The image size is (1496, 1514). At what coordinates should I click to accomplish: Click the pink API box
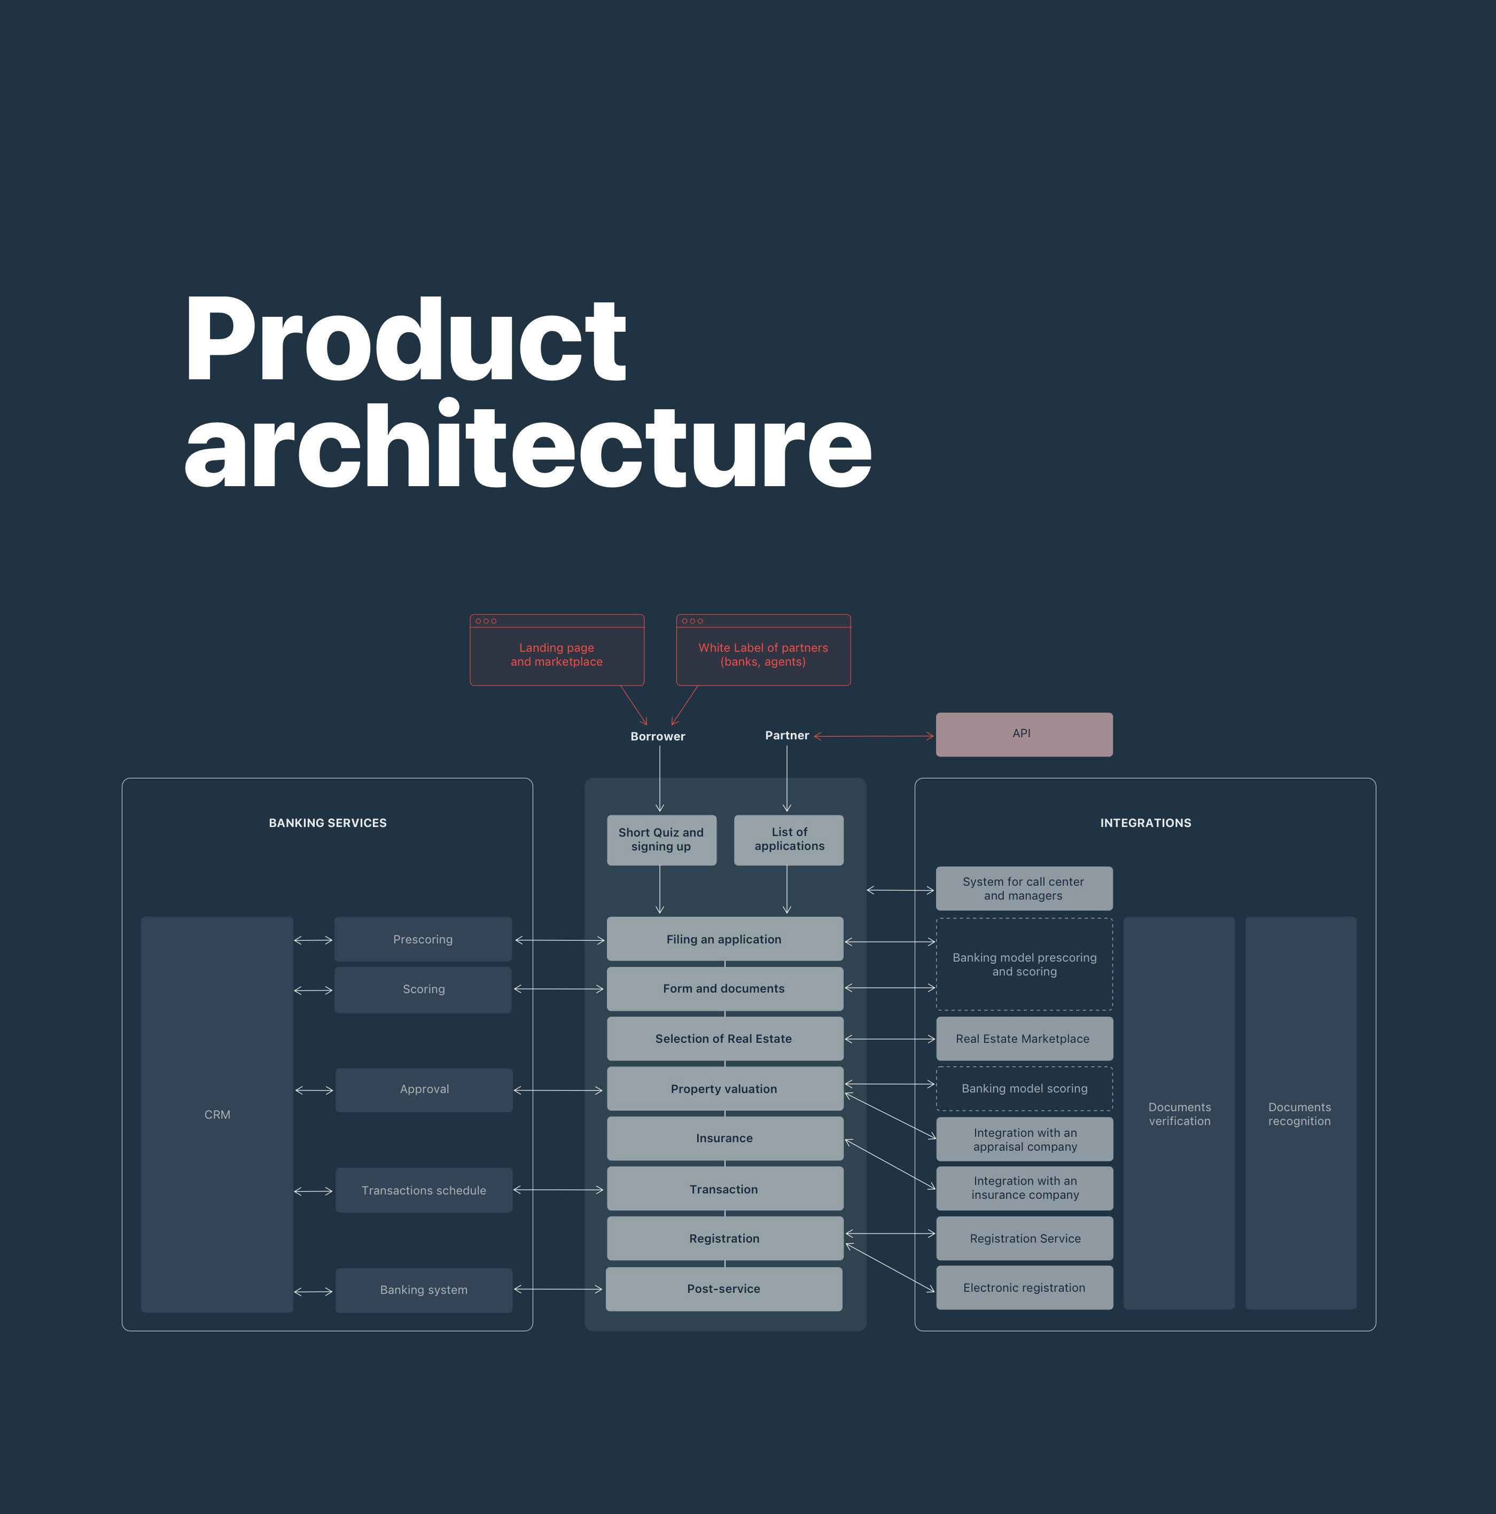1024,734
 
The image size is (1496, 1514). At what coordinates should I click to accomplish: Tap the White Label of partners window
763,650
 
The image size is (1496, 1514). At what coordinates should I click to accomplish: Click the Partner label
787,735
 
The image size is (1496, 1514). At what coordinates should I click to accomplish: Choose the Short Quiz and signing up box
661,840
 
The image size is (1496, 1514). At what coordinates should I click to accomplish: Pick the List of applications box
789,840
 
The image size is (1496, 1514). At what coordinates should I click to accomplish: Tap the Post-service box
724,1289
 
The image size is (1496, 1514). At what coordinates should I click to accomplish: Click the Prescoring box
423,939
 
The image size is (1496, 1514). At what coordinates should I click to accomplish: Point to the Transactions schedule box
424,1190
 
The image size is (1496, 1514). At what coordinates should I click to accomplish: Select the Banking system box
424,1290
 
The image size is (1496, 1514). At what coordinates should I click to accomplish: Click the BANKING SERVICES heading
328,823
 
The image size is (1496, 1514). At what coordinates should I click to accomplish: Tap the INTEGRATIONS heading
1146,823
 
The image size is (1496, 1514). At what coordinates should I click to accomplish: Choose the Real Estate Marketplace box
1024,1039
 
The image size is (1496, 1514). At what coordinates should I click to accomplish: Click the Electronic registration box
1024,1287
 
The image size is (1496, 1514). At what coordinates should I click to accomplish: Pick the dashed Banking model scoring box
1024,1088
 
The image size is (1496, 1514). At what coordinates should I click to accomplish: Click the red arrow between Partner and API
874,736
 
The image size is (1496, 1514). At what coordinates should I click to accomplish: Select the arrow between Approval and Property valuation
558,1090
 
